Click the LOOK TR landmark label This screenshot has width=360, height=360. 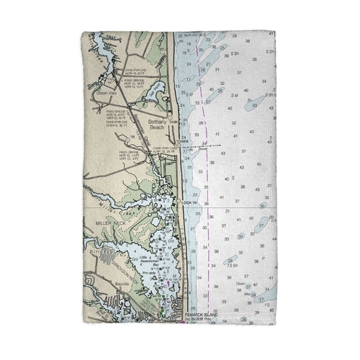click(189, 203)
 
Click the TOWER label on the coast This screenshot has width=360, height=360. click(183, 141)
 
